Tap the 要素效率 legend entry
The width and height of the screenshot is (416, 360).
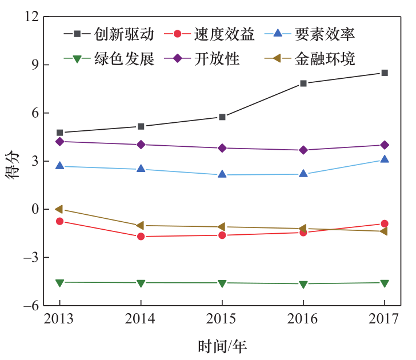pyautogui.click(x=325, y=34)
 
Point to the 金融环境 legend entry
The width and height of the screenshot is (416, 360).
pyautogui.click(x=325, y=59)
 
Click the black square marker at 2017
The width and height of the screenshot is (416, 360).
pyautogui.click(x=385, y=73)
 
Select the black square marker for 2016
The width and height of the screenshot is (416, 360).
pyautogui.click(x=303, y=83)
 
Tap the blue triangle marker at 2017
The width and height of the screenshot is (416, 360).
pyautogui.click(x=385, y=159)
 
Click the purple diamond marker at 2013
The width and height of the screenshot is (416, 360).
pyautogui.click(x=59, y=141)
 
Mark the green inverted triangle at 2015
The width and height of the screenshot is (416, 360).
pyautogui.click(x=222, y=283)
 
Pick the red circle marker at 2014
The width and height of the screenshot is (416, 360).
pyautogui.click(x=141, y=237)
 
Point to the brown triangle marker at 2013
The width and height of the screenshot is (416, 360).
pyautogui.click(x=59, y=209)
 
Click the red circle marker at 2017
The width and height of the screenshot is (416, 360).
pyautogui.click(x=385, y=223)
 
